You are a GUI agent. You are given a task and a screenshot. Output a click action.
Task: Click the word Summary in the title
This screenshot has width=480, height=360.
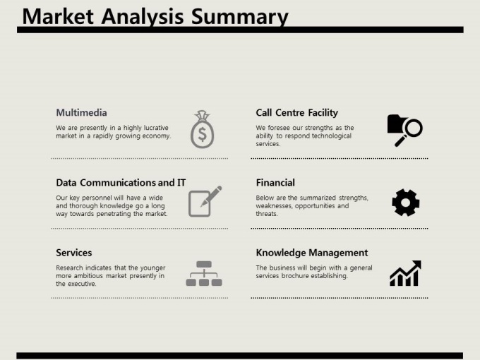click(239, 17)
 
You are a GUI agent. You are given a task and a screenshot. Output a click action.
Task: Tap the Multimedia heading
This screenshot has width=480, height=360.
click(81, 113)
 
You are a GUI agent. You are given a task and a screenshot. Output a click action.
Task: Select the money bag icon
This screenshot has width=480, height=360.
click(202, 129)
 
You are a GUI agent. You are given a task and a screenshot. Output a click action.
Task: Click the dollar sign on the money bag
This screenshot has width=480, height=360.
click(202, 134)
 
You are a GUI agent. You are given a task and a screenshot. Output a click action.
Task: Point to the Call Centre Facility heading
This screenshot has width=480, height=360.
click(297, 113)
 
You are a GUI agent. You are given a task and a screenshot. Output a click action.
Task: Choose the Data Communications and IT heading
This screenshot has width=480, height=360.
click(121, 183)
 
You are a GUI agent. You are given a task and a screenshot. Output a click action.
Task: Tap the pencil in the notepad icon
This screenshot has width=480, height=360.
click(211, 196)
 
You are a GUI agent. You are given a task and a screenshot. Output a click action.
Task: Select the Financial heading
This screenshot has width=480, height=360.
click(275, 183)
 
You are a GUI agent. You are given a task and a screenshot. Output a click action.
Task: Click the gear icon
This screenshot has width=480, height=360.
click(406, 203)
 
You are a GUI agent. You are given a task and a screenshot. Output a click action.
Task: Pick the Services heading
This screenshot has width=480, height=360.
click(74, 253)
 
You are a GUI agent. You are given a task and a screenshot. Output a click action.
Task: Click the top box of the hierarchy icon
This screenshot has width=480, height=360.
click(204, 264)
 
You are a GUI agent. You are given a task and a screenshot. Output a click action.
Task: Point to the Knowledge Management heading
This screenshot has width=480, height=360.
click(311, 253)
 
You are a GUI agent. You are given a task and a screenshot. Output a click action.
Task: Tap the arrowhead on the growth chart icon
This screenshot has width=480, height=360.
click(417, 265)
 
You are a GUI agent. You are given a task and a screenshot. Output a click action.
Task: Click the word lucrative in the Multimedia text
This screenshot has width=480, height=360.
click(157, 128)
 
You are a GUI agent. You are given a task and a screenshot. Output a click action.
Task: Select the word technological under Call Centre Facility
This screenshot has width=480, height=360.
click(332, 136)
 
